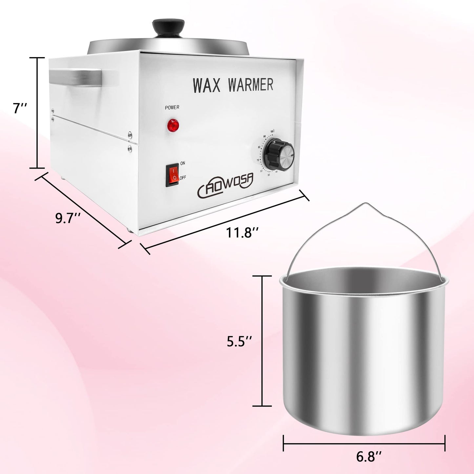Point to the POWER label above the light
click(x=172, y=107)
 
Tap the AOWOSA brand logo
click(x=226, y=185)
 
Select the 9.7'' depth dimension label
click(x=68, y=218)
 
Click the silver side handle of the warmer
click(x=75, y=78)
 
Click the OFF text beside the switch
click(x=183, y=177)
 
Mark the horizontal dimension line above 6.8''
click(x=364, y=443)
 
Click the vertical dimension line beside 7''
click(x=37, y=113)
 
